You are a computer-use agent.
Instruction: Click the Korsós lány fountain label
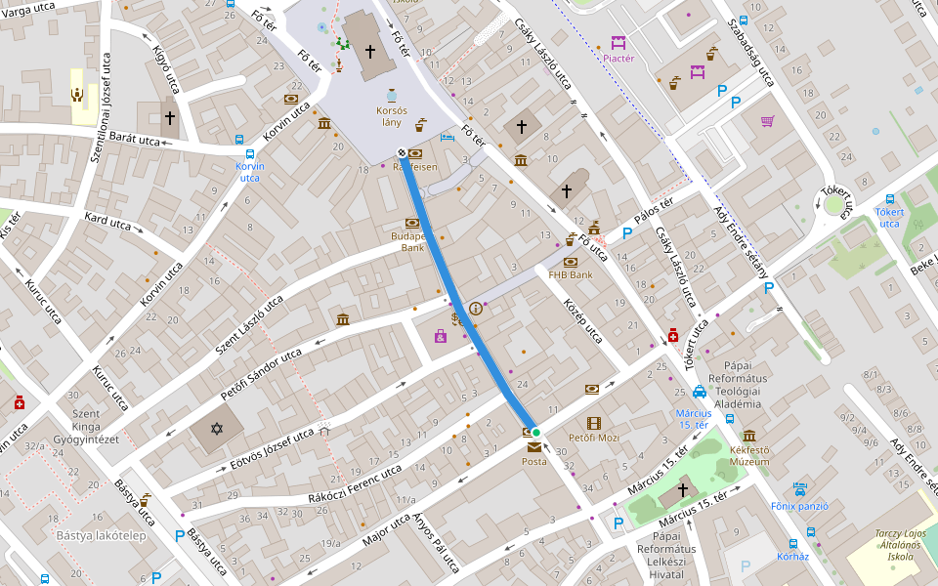391,116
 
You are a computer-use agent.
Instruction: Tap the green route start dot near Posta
535,432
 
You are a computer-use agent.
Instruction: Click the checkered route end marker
402,152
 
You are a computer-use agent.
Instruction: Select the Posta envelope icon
533,447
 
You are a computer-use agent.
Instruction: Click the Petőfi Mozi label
601,438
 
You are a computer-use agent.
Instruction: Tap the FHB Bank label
571,275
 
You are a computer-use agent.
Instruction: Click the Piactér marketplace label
618,59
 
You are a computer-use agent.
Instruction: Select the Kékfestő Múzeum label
749,456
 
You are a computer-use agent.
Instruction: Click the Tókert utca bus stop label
888,218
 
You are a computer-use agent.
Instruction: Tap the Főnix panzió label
799,506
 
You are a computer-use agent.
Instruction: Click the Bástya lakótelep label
101,535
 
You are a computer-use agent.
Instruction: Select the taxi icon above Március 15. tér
700,393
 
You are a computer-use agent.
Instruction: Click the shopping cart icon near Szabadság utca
767,122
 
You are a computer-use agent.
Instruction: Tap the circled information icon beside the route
476,308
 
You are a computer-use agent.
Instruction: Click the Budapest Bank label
407,242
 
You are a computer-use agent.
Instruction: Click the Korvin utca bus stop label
249,172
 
